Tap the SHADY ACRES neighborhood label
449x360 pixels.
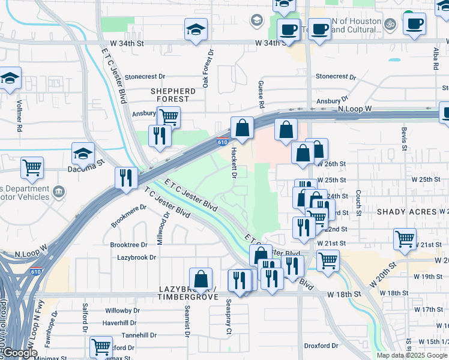[406, 212]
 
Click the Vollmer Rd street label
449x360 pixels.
[19, 116]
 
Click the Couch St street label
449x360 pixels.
[358, 203]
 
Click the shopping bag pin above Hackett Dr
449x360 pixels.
[241, 128]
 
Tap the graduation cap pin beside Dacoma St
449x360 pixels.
[83, 154]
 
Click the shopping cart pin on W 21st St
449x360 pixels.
[405, 238]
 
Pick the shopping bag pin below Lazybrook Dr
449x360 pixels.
[201, 279]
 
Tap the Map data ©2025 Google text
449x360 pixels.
[412, 355]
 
